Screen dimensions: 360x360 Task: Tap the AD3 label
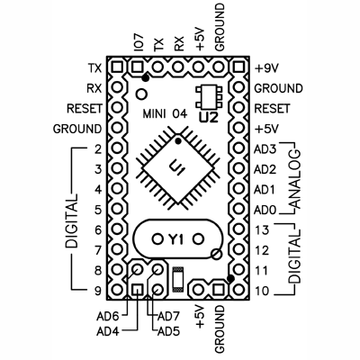[x=265, y=148]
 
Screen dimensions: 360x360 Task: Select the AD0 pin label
[x=265, y=210]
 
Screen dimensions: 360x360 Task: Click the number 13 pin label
[x=262, y=230]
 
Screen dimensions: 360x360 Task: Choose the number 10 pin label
[x=262, y=290]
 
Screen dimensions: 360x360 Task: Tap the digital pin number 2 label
[x=95, y=148]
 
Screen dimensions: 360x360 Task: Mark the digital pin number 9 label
[x=95, y=290]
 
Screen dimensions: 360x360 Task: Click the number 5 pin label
[x=95, y=210]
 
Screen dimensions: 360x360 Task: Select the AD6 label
[x=109, y=316]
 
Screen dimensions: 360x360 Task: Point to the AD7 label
[x=169, y=316]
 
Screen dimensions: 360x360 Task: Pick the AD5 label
[x=169, y=331]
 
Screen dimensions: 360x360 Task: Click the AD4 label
[x=109, y=331]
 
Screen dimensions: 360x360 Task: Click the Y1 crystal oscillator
[x=175, y=239]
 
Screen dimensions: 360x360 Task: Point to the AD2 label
[x=265, y=169]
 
